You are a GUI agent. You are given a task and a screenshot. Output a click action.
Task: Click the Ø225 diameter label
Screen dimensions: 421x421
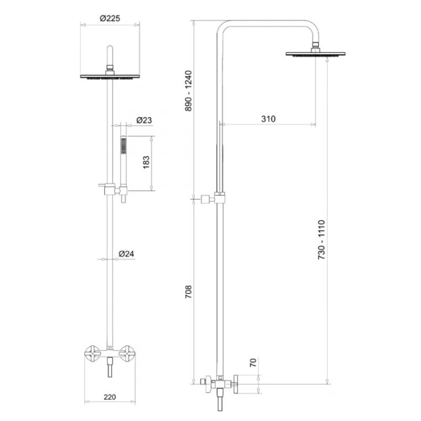point(110,18)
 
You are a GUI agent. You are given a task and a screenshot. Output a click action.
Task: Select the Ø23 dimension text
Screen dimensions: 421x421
point(144,120)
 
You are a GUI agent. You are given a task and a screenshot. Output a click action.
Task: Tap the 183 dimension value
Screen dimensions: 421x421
point(146,162)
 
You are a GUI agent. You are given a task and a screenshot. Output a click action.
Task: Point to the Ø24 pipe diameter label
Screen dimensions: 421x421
point(126,254)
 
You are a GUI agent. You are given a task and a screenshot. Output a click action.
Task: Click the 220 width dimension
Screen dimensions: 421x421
point(109,397)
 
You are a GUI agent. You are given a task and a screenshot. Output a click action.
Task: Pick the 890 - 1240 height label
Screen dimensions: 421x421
point(188,91)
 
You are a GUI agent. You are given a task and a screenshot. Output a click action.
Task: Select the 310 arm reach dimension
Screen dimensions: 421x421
point(268,119)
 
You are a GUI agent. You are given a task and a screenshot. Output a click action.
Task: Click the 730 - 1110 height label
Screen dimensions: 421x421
point(322,240)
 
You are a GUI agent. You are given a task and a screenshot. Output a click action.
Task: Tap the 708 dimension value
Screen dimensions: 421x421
point(188,292)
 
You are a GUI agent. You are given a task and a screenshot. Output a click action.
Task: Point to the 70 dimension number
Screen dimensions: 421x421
point(253,362)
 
